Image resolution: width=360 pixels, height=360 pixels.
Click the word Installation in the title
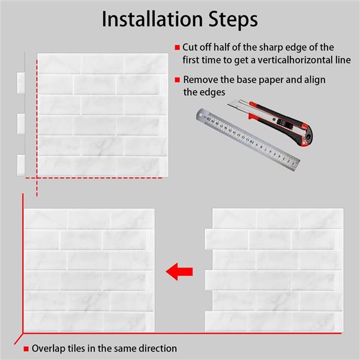(x=152, y=19)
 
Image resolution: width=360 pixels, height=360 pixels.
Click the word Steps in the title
(x=233, y=19)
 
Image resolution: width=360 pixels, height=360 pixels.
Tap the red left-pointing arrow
(x=179, y=272)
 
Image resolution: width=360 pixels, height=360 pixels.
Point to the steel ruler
(x=248, y=139)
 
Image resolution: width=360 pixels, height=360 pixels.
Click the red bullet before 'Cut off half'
(x=177, y=47)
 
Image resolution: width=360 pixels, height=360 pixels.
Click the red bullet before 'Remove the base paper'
(x=177, y=80)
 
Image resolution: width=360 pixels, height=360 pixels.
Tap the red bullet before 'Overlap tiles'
(x=26, y=349)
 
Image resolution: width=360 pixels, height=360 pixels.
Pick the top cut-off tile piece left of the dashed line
(x=21, y=83)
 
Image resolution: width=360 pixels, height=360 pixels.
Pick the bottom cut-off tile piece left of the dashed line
(x=21, y=165)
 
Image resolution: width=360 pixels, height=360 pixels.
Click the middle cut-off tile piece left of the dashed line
(x=21, y=124)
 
